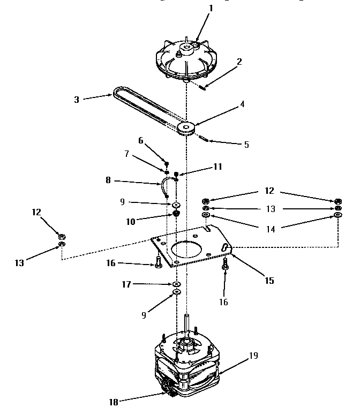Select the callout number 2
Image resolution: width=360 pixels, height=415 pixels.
coord(239,61)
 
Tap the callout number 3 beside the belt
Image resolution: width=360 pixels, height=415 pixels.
coord(77,100)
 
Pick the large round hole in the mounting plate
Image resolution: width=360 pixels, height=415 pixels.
coord(186,252)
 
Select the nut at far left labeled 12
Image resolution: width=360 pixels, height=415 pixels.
coord(62,236)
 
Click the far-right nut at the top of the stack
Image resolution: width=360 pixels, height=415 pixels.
coord(337,201)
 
